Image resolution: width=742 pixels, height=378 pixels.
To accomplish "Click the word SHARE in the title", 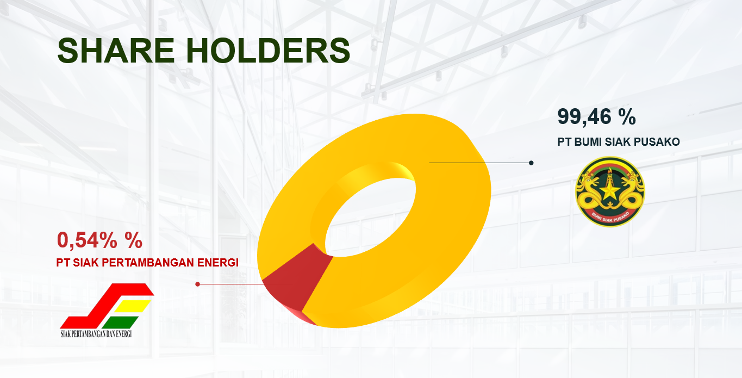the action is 116,51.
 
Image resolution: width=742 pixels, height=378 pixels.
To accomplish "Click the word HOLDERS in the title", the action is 268,51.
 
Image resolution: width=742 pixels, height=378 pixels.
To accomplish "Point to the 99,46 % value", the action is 596,116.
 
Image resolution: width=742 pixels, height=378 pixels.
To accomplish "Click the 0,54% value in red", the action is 87,240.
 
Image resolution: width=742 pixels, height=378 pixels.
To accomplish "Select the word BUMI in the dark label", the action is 588,142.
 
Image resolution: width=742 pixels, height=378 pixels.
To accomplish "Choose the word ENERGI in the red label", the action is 218,262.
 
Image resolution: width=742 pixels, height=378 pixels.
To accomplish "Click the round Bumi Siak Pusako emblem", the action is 610,192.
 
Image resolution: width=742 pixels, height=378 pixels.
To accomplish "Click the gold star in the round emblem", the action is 609,192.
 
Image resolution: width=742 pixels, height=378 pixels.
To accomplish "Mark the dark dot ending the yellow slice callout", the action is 531,163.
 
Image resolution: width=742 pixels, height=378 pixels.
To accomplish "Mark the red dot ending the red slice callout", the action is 197,284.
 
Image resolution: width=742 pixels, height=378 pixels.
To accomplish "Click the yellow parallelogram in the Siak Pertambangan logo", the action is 133,306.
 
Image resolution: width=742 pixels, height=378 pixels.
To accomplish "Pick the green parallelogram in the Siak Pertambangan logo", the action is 120,323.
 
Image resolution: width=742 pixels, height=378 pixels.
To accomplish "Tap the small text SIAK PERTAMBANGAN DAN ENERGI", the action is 96,333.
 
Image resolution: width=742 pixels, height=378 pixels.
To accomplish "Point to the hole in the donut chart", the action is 370,217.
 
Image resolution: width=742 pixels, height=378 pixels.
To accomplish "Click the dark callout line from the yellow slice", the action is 480,163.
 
